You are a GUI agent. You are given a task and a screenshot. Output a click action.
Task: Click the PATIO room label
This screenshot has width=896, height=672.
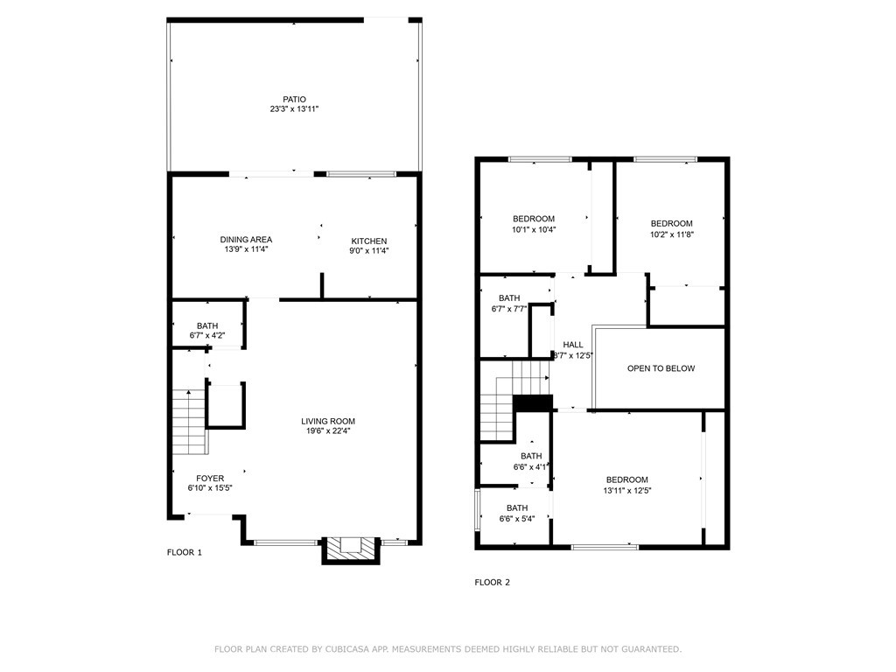(294, 99)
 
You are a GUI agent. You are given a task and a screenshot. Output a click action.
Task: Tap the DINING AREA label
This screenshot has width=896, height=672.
(245, 240)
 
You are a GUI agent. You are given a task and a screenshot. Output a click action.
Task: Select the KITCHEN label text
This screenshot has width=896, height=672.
(369, 241)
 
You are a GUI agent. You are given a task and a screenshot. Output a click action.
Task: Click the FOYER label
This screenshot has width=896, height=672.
(210, 478)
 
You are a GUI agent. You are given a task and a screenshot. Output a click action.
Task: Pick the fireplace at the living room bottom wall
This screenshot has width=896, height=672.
(350, 549)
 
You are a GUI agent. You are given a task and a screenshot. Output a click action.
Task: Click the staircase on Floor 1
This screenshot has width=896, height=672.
(189, 422)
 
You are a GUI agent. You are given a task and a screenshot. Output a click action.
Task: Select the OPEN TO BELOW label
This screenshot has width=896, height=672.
(661, 368)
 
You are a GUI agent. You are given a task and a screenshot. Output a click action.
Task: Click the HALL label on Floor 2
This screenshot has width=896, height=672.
(573, 345)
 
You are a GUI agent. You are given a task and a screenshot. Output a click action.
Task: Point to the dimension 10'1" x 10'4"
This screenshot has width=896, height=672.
(534, 229)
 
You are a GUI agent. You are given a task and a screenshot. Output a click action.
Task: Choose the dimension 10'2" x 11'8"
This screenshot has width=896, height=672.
(671, 234)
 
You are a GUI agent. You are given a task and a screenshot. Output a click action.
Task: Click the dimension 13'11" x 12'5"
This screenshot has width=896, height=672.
(627, 491)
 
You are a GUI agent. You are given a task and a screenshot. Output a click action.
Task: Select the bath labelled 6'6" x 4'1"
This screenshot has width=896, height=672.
(531, 467)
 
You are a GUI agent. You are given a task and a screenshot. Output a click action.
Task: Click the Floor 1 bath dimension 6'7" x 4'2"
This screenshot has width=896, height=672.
(207, 336)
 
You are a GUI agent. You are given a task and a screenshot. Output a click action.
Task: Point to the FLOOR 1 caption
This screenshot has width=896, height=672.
(185, 552)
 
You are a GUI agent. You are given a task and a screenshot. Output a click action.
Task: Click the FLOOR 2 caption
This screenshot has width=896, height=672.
(492, 582)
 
